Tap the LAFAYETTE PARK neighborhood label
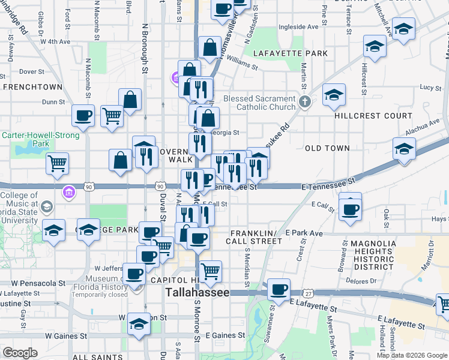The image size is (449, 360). [x=290, y=53]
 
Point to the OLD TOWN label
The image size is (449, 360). [x=327, y=148]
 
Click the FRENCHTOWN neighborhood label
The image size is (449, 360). [x=29, y=86]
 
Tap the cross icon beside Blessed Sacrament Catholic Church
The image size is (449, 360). [x=304, y=101]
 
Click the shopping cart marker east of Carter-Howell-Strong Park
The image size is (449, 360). [x=57, y=162]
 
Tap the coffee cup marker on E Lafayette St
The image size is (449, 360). [x=279, y=289]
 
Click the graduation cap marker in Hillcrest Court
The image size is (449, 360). [x=334, y=94]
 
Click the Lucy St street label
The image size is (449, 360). [x=430, y=88]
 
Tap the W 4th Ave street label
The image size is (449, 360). [x=55, y=42]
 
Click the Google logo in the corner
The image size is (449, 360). [x=20, y=353]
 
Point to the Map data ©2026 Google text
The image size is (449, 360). [x=412, y=355]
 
